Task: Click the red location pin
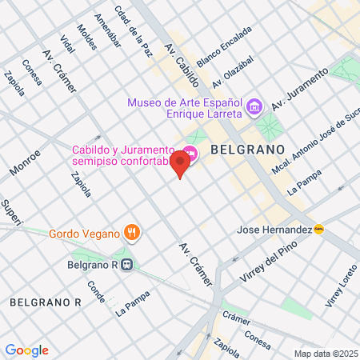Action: click(x=180, y=164)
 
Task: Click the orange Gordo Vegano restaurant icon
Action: click(x=132, y=234)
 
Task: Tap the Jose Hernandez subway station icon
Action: click(x=320, y=230)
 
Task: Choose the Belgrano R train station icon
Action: click(x=126, y=266)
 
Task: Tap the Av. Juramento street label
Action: click(x=300, y=90)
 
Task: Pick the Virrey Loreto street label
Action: click(x=338, y=287)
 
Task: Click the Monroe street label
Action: click(x=25, y=160)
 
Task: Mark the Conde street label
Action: click(x=96, y=291)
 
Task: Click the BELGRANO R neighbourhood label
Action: click(x=46, y=302)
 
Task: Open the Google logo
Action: click(x=26, y=350)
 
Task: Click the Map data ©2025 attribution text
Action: click(x=325, y=354)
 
